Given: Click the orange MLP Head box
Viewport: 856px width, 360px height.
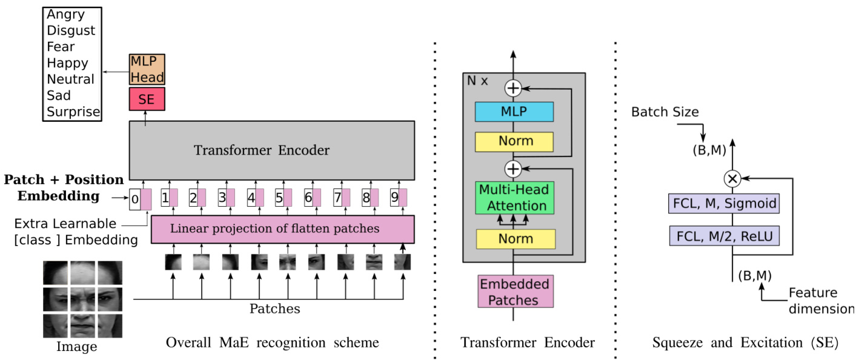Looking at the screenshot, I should (147, 70).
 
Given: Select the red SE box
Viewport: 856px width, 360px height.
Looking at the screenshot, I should (147, 99).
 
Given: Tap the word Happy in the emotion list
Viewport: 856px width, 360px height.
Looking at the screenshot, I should (67, 63).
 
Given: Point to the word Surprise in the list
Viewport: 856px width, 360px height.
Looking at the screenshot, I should (73, 112).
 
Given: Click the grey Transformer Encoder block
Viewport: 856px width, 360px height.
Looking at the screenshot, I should (271, 150).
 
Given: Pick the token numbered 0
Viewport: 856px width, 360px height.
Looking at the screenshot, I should (135, 199).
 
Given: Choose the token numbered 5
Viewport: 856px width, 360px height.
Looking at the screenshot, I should (279, 198).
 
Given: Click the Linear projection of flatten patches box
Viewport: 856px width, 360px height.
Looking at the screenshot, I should (282, 229).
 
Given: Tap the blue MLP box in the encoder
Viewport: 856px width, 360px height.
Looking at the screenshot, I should (514, 112).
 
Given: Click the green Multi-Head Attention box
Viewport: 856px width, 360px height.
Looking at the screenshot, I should (514, 198).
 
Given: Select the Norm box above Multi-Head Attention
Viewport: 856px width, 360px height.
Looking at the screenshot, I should (514, 141).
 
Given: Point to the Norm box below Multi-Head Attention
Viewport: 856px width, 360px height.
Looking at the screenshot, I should (514, 239).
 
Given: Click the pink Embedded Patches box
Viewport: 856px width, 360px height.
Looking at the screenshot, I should (514, 292).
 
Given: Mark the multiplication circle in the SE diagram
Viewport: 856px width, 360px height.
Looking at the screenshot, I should (732, 179).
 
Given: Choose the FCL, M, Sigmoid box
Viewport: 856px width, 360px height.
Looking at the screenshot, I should (724, 204).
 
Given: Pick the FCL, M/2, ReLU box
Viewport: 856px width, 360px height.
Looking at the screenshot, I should (724, 235).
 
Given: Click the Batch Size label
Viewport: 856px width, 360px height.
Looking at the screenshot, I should (665, 112).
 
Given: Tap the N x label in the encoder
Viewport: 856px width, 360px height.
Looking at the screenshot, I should (478, 81).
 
